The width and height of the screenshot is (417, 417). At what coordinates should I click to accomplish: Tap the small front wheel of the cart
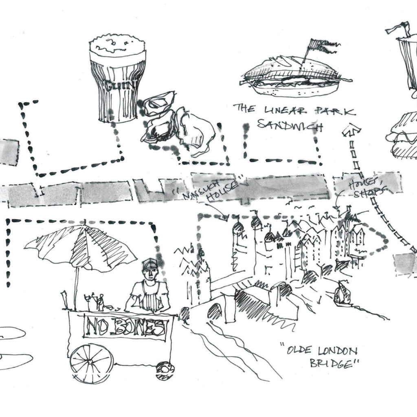coord(165,370)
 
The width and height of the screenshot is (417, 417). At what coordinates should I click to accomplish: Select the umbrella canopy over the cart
coord(81,246)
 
